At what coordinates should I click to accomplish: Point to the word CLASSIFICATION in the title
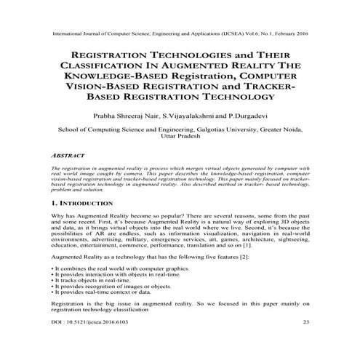tap(97, 65)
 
